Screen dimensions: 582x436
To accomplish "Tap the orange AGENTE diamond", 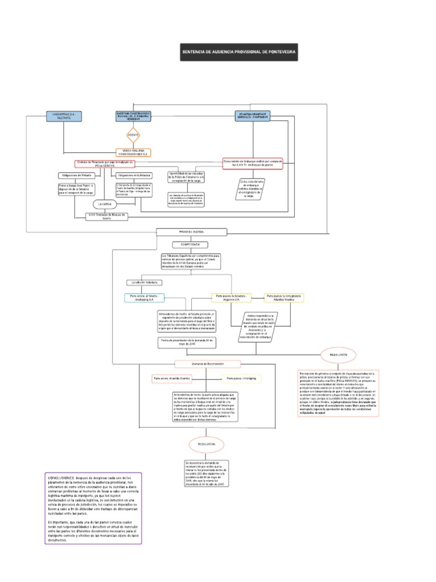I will pos(133,136).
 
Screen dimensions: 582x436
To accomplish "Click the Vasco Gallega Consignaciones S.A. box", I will pos(134,152).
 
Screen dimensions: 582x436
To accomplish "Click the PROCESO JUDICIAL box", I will pos(191,232).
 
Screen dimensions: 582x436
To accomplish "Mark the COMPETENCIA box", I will pos(191,244).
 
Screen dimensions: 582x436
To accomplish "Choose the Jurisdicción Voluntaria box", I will pos(144,282).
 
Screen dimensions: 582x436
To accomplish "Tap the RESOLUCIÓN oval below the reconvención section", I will pos(206,444).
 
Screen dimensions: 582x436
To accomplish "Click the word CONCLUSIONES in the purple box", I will pos(64,478).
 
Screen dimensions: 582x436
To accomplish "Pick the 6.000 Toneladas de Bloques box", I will pos(106,217).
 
